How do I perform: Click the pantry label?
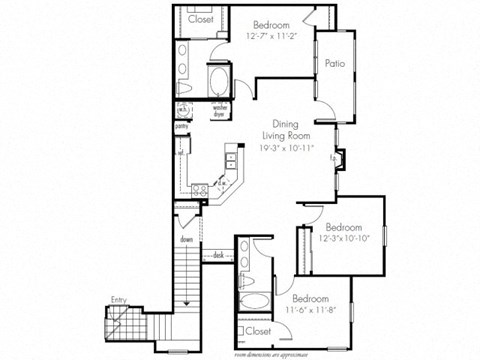click(182, 127)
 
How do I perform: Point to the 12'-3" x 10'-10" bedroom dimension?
click(343, 238)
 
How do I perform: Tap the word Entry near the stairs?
click(119, 297)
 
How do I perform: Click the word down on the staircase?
click(186, 240)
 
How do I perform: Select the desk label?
click(218, 256)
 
